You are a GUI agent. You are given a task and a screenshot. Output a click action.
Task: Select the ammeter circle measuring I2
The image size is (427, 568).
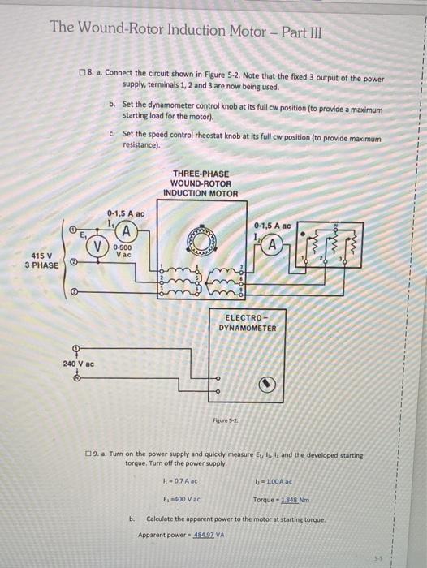coord(275,244)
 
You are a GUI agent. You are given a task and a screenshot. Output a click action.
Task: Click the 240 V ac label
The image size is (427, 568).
coord(79,364)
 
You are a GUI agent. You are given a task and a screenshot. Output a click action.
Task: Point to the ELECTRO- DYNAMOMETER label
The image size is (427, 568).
coord(248,322)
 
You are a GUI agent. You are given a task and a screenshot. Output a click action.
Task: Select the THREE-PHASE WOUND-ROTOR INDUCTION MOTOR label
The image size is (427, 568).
coord(200,183)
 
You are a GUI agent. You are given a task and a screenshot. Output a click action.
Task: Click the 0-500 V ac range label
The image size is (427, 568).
coord(123,252)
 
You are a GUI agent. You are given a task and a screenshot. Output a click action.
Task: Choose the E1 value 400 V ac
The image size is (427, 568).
coord(182,499)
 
